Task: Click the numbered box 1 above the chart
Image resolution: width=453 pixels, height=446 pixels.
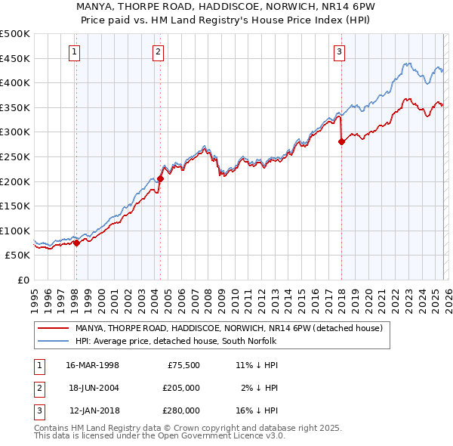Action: coord(75,52)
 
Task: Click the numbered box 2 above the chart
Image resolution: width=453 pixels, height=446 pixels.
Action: coord(158,52)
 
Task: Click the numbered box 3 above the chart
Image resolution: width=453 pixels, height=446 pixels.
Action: coord(340,52)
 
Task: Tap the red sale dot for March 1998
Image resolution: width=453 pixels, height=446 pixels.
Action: coord(76,243)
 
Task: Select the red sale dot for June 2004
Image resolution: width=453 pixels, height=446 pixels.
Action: coord(160,179)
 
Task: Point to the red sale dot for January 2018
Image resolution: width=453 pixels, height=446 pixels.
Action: coord(341,141)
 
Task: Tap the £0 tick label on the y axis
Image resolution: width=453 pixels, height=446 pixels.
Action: coord(23,280)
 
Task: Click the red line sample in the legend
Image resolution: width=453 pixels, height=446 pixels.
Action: coord(53,328)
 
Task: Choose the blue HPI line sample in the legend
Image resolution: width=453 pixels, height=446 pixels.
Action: coord(53,341)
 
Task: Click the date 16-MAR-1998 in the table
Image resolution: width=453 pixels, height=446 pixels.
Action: coord(92,364)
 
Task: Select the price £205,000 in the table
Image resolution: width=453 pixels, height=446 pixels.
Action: coord(181,387)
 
